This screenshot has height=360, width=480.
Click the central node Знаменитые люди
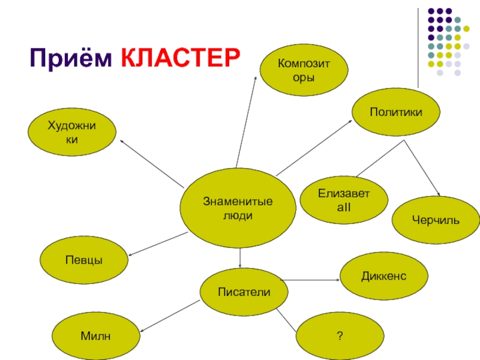(x=238, y=208)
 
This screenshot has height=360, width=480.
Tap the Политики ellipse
(x=395, y=113)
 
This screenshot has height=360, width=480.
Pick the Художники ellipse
(x=73, y=132)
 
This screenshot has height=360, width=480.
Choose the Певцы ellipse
(x=84, y=260)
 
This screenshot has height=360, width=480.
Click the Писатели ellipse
(x=244, y=292)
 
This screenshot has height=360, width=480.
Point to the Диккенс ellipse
(x=384, y=276)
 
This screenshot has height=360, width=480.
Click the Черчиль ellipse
(x=436, y=221)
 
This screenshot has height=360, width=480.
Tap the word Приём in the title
(x=71, y=58)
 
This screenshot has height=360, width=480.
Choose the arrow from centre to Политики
(x=313, y=146)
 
